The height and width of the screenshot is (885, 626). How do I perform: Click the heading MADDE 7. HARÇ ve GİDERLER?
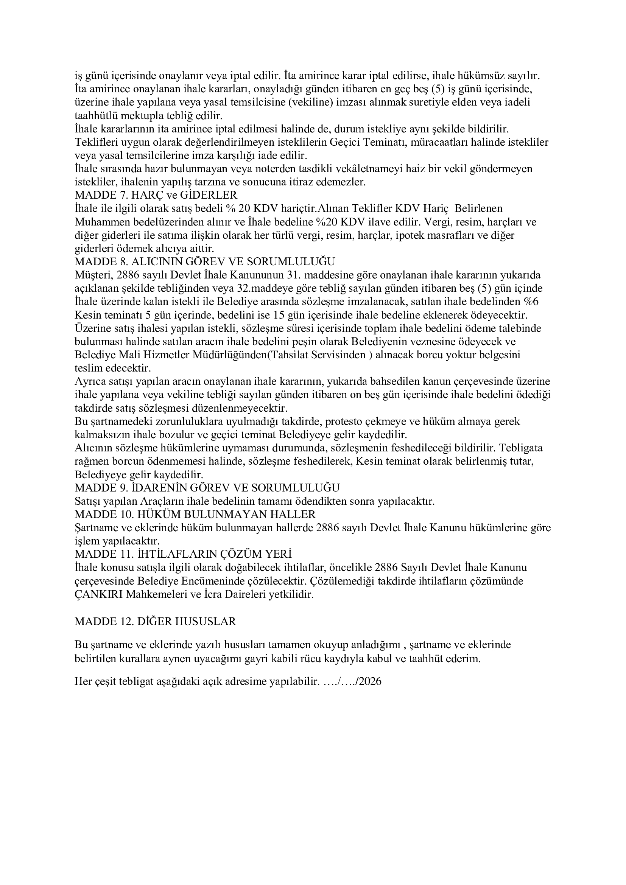pos(156,195)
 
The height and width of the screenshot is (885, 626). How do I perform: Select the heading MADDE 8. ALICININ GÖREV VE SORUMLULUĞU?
pos(205,262)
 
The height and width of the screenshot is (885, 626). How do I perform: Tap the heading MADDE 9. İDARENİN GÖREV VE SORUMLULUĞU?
pos(207,488)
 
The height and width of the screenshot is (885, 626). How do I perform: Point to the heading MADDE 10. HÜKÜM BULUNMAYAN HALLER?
pos(195,514)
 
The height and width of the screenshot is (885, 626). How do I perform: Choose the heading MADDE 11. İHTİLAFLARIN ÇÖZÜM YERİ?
pos(183,554)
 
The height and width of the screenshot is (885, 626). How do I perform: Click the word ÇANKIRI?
pos(99,594)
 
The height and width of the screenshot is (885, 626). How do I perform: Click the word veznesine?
pos(438,342)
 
